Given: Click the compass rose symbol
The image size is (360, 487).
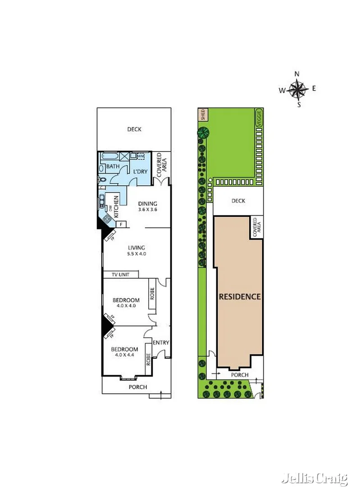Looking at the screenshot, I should tap(297, 89).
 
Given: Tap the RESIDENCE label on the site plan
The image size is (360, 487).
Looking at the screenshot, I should tap(240, 297).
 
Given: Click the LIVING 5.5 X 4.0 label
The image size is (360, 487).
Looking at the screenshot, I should tap(136, 250).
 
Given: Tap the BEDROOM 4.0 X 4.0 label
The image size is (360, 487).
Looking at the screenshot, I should tap(126, 303).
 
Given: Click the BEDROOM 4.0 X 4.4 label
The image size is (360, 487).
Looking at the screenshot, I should tap(124, 352).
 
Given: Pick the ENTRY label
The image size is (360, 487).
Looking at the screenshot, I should tap(161, 343).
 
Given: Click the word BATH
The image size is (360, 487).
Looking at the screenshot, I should tap(113, 166).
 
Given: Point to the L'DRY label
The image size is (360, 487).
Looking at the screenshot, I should tap(140, 172).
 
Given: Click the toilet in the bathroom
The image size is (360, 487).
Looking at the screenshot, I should tap(102, 179).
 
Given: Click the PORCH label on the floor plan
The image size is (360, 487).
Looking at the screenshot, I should tap(138, 387).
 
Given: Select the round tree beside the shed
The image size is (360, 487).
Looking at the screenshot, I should tap(203, 133).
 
